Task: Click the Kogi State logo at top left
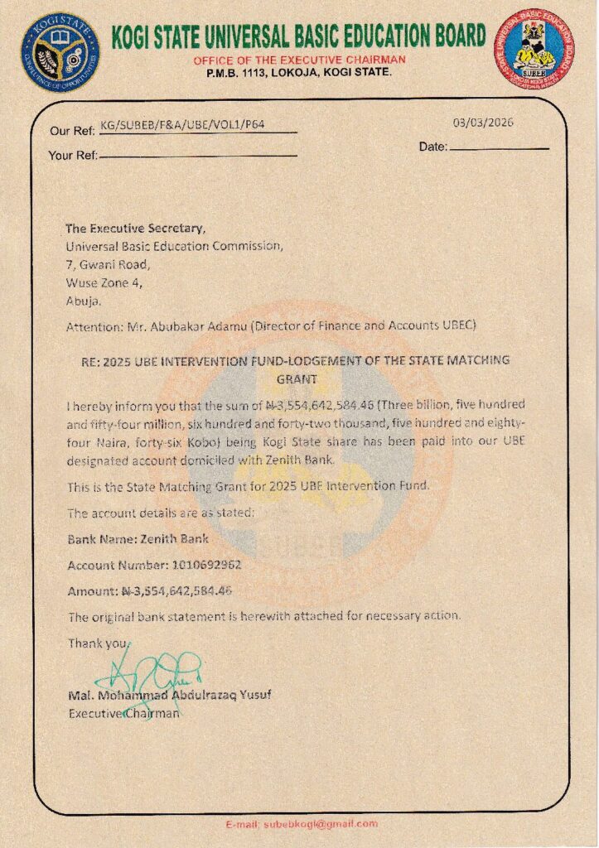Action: [x=60, y=51]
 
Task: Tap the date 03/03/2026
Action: [x=483, y=123]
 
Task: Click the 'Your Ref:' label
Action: [x=73, y=156]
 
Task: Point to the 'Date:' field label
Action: [x=433, y=147]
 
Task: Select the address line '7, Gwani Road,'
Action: [x=108, y=264]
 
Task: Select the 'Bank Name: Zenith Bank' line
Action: [x=138, y=538]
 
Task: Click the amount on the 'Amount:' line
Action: [x=177, y=590]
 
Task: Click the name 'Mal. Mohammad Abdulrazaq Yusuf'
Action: [x=169, y=695]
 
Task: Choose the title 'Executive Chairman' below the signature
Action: [x=123, y=712]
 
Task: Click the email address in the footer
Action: [x=320, y=824]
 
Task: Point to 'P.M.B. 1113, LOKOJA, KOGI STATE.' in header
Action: [x=299, y=73]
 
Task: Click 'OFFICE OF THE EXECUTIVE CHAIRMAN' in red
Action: [x=299, y=60]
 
